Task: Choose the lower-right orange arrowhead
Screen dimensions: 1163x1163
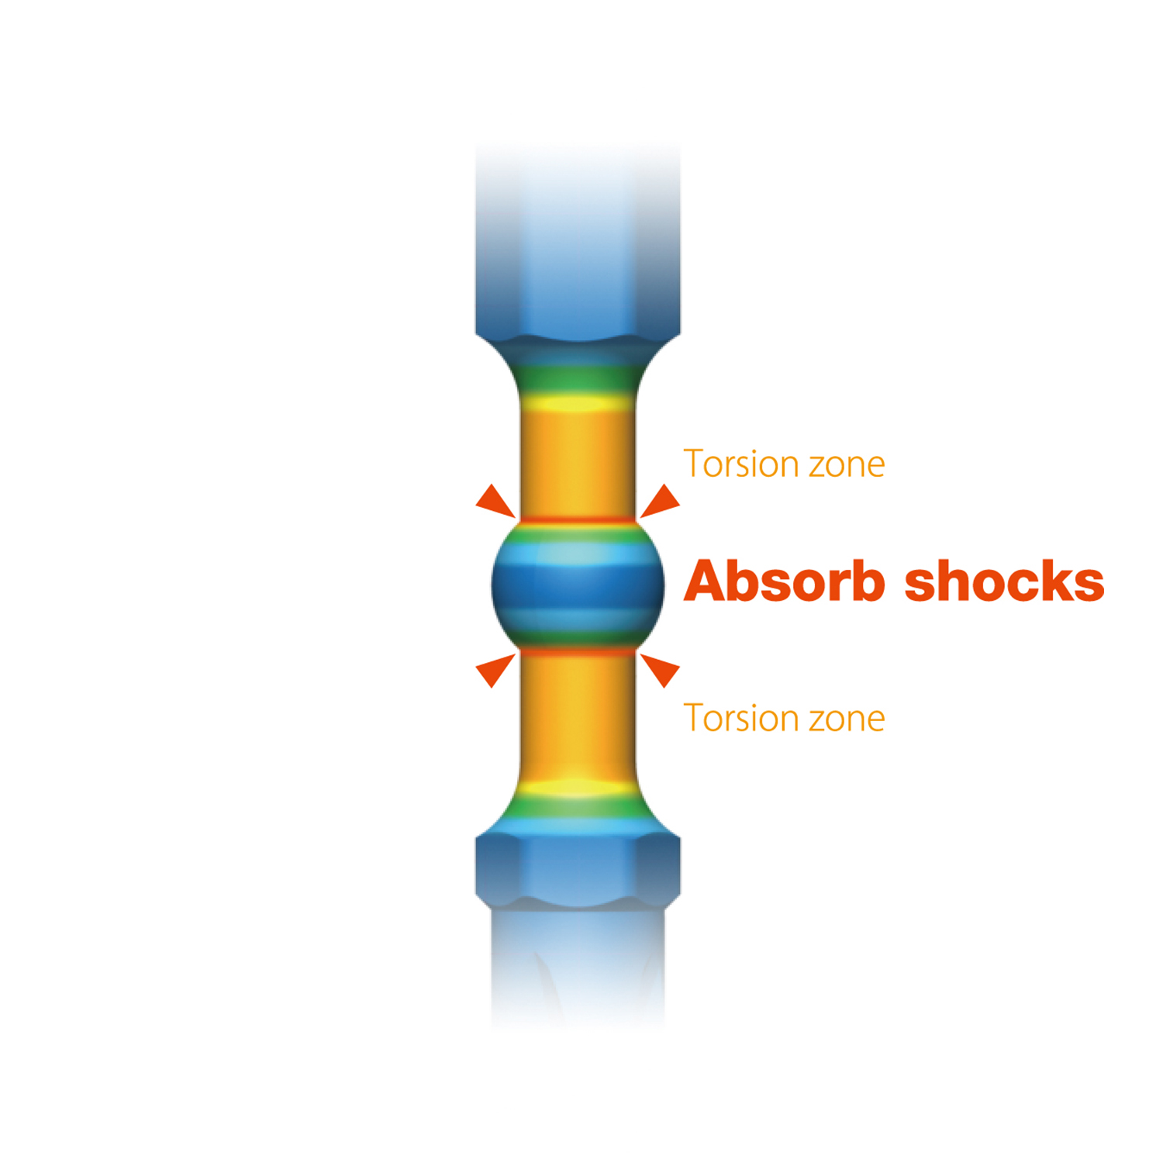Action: pyautogui.click(x=661, y=670)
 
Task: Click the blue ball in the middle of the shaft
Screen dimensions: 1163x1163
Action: pyautogui.click(x=578, y=585)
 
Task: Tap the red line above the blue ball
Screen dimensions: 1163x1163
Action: pyautogui.click(x=578, y=519)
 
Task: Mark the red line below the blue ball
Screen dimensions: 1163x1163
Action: pyautogui.click(x=578, y=653)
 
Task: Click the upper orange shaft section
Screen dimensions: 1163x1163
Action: pyautogui.click(x=578, y=461)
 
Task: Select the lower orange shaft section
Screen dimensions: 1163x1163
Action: pyautogui.click(x=578, y=717)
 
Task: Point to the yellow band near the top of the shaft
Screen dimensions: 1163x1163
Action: pyautogui.click(x=578, y=403)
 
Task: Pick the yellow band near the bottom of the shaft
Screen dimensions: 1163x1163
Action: pyautogui.click(x=578, y=789)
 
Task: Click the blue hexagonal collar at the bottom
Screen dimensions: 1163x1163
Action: pyautogui.click(x=578, y=868)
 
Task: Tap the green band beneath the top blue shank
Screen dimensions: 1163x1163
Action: pyautogui.click(x=578, y=378)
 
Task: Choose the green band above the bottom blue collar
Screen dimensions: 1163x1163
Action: pyautogui.click(x=578, y=810)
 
